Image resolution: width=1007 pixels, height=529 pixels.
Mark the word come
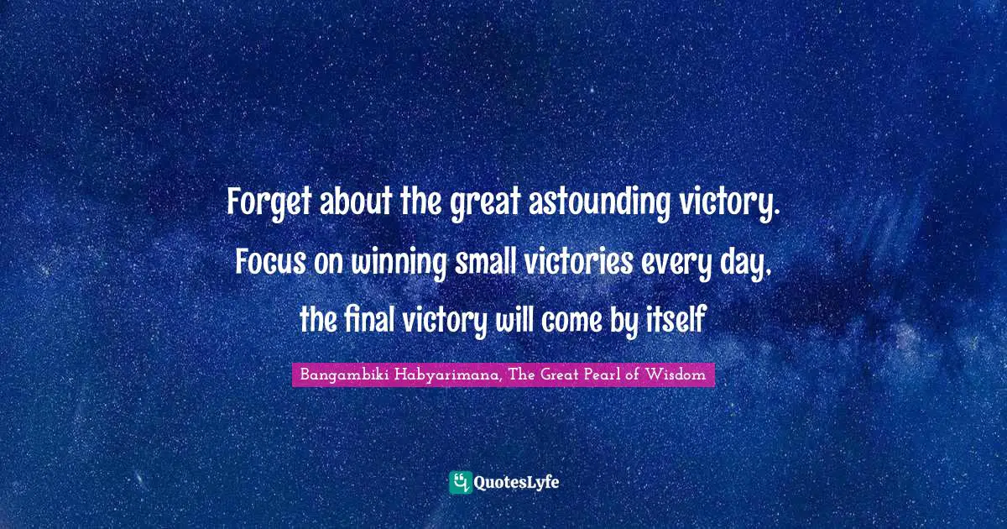point(571,322)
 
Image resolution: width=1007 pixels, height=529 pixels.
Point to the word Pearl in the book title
point(604,374)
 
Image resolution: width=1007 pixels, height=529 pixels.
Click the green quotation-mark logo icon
point(461,483)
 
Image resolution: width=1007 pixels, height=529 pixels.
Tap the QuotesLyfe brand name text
point(517,483)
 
